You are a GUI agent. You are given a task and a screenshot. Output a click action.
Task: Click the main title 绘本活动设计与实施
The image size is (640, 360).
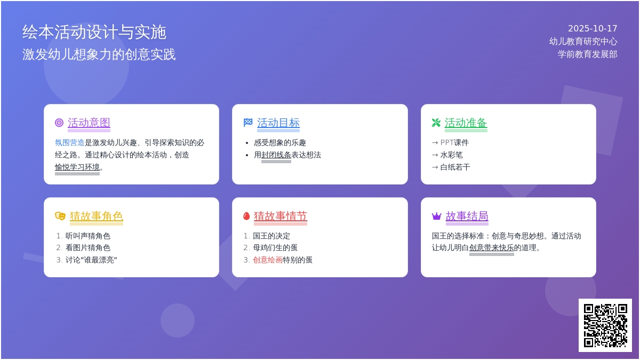pos(94,33)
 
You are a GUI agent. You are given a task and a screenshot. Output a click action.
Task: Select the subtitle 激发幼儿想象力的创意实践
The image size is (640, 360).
pos(99,54)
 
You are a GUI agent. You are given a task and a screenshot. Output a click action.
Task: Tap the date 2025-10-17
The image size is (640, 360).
pos(593,29)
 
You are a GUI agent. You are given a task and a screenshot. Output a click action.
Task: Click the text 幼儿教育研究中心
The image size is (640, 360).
pos(583,42)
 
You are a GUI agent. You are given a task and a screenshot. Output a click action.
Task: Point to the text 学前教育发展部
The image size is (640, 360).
pos(587,54)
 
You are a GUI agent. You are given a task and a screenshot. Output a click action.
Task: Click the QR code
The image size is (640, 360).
pos(605,325)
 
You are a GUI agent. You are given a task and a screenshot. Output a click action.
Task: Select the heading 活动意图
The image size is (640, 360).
pos(89,123)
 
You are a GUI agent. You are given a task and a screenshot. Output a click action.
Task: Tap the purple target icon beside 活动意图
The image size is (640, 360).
pos(59,123)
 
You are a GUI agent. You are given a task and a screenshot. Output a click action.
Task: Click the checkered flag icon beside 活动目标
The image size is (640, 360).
pos(248,123)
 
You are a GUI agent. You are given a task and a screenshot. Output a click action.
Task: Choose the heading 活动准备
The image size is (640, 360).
pos(466,123)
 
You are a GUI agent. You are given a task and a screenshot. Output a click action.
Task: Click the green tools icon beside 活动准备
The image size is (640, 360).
pos(436,123)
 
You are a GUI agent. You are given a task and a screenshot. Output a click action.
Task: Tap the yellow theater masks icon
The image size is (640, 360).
pos(60,216)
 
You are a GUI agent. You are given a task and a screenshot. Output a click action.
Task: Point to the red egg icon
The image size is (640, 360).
pos(246,216)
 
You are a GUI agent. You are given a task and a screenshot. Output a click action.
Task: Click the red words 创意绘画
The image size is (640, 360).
pos(268,260)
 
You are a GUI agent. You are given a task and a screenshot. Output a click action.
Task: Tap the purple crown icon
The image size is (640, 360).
pos(436,216)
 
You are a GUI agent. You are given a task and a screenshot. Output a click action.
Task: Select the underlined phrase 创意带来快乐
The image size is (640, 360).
pos(491,248)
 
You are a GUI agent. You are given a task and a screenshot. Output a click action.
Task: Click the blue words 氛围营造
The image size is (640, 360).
pos(69,143)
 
